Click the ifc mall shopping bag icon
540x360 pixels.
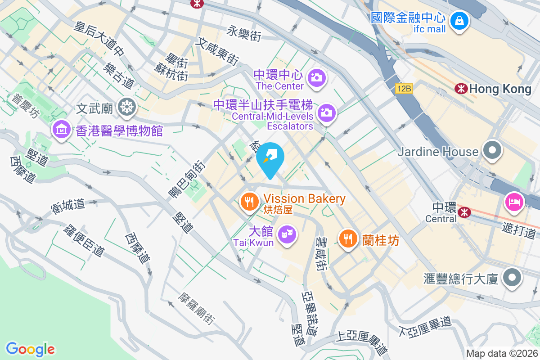click(x=459, y=20)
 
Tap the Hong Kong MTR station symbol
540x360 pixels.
click(x=461, y=89)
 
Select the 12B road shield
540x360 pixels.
click(x=404, y=89)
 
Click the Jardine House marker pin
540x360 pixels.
click(x=492, y=150)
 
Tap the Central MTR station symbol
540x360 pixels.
click(x=463, y=211)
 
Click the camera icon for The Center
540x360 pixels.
click(x=317, y=77)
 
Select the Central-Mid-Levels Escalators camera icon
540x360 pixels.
click(x=326, y=112)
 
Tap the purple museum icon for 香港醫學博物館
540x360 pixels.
click(x=61, y=130)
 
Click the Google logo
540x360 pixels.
click(x=31, y=349)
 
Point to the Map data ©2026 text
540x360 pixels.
click(x=501, y=354)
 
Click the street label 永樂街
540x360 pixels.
click(x=244, y=33)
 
